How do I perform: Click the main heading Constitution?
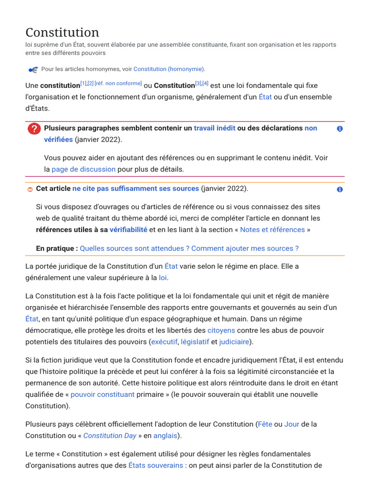62,32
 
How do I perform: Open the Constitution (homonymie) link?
169,69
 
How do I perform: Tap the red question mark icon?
34,129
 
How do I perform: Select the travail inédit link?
214,128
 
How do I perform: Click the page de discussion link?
84,169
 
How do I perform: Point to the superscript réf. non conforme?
118,84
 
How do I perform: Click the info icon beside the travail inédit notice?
340,129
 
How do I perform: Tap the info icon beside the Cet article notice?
340,189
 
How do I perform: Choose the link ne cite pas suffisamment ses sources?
135,188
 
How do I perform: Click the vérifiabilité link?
128,230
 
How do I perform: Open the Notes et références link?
272,230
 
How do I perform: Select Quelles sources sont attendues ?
135,248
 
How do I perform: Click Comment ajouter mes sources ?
245,248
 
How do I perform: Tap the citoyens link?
221,331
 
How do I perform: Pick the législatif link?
195,342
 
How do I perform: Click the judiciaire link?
234,342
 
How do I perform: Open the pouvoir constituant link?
102,394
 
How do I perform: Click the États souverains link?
156,466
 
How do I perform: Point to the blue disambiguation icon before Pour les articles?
33,70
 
